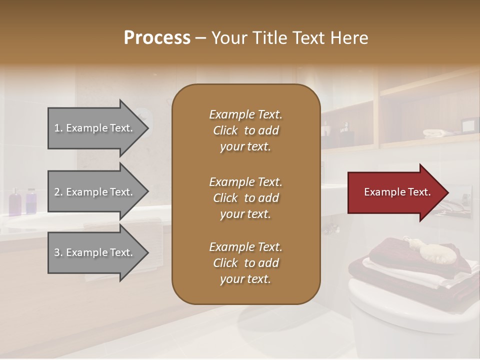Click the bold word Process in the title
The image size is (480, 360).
tap(157, 38)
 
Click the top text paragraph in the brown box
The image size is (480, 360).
tap(245, 130)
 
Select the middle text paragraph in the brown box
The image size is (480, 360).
tap(245, 197)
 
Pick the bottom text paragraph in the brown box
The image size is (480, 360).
tap(245, 263)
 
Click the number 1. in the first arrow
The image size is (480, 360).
tap(58, 128)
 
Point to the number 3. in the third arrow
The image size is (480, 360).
tap(58, 253)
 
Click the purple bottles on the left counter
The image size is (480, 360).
tap(23, 201)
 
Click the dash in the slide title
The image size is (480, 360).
tap(201, 38)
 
